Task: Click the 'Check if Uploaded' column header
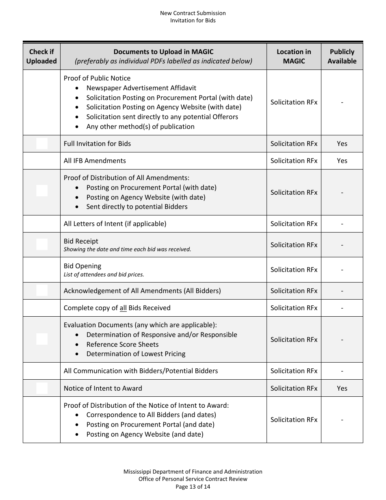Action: point(41,57)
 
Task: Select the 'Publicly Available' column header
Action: point(342,57)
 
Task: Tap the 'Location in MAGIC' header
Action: point(294,57)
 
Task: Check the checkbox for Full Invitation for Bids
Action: point(42,143)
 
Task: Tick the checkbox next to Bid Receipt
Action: point(42,244)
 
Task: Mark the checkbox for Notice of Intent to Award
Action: point(42,388)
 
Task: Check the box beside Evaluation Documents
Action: point(42,339)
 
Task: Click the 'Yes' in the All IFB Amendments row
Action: point(342,161)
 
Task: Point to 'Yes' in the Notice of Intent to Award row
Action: point(342,388)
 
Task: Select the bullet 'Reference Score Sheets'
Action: point(122,344)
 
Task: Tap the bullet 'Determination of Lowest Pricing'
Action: point(136,354)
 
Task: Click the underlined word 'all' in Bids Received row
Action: point(123,308)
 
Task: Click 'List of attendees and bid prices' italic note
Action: point(104,274)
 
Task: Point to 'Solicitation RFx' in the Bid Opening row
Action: point(294,270)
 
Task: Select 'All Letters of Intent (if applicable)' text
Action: point(115,224)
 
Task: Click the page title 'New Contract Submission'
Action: point(193,13)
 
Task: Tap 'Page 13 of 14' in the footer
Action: point(193,486)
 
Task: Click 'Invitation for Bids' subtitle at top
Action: point(193,20)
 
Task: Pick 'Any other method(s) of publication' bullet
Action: point(140,126)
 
